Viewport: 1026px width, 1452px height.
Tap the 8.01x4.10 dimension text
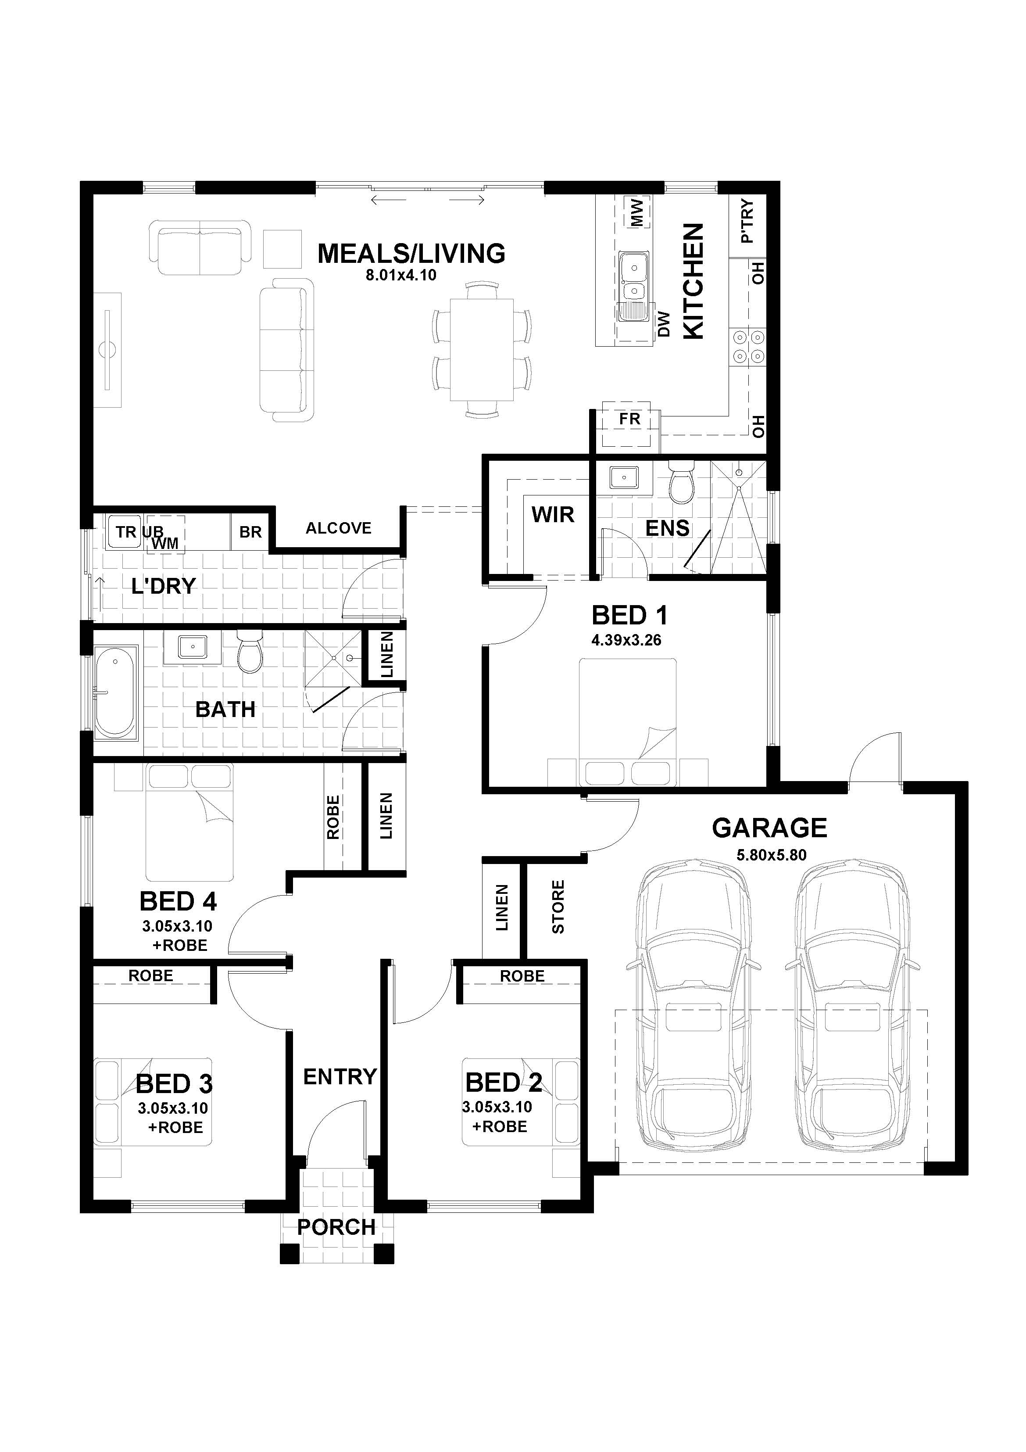click(401, 275)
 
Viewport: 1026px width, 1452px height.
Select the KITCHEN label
click(694, 281)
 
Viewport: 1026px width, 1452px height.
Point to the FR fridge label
click(629, 419)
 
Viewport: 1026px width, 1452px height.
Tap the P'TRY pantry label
click(747, 221)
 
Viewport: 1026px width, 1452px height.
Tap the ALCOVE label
click(338, 528)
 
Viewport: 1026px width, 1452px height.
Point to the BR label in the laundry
click(250, 532)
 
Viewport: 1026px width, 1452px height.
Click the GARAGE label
click(769, 828)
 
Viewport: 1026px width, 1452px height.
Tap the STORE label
click(558, 907)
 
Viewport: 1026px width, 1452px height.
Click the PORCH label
click(336, 1227)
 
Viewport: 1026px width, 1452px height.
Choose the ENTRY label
click(340, 1076)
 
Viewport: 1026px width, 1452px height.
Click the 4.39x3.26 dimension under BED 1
click(626, 640)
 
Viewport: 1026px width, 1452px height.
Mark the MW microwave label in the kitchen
click(636, 213)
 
